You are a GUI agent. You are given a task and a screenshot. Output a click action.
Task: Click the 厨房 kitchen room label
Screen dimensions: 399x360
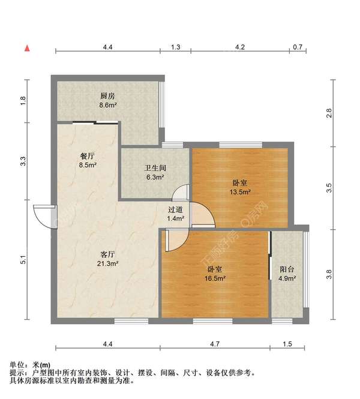(x=108, y=96)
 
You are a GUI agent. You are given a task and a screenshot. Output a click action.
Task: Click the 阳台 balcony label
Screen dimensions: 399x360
(x=287, y=269)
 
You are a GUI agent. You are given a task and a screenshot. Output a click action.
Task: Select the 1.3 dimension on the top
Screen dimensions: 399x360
(x=176, y=46)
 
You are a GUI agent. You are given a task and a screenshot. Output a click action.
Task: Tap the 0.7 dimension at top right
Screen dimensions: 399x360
(x=298, y=46)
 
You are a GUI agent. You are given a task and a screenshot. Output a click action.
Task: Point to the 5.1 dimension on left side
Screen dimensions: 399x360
(x=23, y=261)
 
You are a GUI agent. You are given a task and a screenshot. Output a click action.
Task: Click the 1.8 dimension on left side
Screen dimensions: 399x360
(x=23, y=101)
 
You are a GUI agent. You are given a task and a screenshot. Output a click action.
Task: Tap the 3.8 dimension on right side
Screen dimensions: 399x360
(x=329, y=275)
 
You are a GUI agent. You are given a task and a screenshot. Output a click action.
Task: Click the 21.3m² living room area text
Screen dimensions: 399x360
(x=109, y=263)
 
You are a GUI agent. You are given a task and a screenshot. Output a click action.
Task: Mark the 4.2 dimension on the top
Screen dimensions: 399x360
(x=240, y=46)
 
